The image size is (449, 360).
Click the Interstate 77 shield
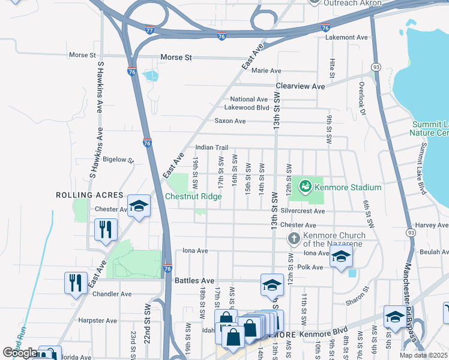pyautogui.click(x=149, y=30)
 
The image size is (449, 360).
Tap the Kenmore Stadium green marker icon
pyautogui.click(x=306, y=187)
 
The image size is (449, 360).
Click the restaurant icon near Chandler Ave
pyautogui.click(x=75, y=281)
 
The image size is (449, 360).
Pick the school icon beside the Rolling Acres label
pyautogui.click(x=139, y=206)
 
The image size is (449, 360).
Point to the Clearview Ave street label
pyautogui.click(x=300, y=86)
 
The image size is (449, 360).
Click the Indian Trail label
pyautogui.click(x=212, y=148)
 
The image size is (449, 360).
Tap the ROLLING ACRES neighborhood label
pyautogui.click(x=89, y=195)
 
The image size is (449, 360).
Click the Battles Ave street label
pyautogui.click(x=194, y=280)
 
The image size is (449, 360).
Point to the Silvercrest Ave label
pyautogui.click(x=302, y=211)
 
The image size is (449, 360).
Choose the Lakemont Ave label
pyautogui.click(x=346, y=37)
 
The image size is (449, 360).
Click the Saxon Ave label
pyautogui.click(x=231, y=121)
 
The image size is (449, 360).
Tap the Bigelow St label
pyautogui.click(x=118, y=160)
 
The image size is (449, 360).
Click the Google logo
pyautogui.click(x=19, y=353)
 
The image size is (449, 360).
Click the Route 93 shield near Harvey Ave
pyautogui.click(x=411, y=232)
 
